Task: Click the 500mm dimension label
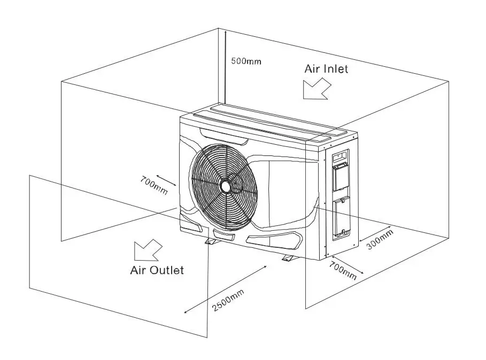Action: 246,61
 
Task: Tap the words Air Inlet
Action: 326,69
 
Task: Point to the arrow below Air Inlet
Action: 315,89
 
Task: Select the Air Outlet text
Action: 157,270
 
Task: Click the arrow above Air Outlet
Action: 148,249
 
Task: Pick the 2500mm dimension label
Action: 228,300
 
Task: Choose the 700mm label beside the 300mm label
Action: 343,271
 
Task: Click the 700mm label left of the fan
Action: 153,184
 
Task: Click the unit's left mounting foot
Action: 211,241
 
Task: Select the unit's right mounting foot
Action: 289,259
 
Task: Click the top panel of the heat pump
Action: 267,122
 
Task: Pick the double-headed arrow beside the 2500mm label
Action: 225,289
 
